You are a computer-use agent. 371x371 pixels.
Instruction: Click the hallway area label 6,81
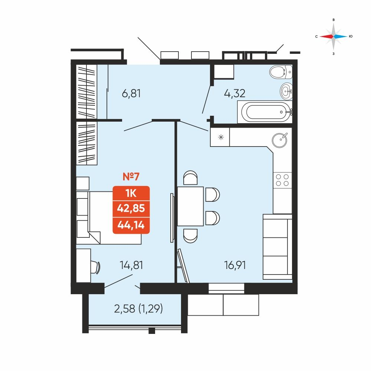pos(131,93)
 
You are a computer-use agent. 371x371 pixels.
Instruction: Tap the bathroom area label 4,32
pos(234,93)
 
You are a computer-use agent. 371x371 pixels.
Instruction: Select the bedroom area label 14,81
pos(131,265)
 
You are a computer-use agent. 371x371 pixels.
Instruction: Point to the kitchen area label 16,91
pos(235,265)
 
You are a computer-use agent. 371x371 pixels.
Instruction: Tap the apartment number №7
pos(131,177)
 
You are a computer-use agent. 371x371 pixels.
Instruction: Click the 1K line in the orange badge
pos(131,193)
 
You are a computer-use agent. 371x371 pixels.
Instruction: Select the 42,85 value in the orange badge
pos(131,208)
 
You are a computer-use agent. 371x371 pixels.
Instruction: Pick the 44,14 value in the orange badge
pos(131,225)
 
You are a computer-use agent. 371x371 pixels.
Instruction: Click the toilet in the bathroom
pos(281,72)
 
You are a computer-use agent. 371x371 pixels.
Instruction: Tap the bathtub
pos(265,112)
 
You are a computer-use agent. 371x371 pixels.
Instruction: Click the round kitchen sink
pos(280,140)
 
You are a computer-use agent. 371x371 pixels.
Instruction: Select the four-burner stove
pos(282,180)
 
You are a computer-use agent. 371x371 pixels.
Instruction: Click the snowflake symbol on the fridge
pos(221,137)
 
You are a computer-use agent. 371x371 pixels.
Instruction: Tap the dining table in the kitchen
pos(190,206)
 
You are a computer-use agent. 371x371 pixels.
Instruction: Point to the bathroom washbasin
pos(286,91)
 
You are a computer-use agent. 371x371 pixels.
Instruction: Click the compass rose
pos(334,37)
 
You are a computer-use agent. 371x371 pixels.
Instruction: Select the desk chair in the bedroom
pos(96,267)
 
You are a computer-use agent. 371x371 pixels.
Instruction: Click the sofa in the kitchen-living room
pos(278,247)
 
